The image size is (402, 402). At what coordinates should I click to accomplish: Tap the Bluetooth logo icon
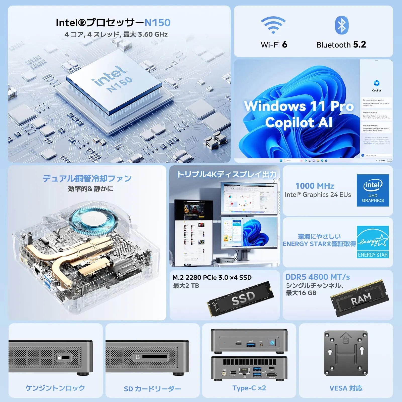[341, 25]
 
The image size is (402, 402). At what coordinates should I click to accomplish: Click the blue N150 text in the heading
[158, 23]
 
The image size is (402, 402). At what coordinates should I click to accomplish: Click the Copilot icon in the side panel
[376, 83]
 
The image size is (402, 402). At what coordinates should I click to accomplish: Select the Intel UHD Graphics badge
[373, 190]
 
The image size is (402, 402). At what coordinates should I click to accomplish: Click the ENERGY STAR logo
[373, 242]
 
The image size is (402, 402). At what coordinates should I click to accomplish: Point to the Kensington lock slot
[66, 357]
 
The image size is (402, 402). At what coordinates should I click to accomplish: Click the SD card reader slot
[154, 357]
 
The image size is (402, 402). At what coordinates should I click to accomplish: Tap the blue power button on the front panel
[272, 342]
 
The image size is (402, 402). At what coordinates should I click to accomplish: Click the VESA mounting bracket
[346, 353]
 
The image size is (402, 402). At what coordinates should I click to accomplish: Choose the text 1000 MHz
[315, 186]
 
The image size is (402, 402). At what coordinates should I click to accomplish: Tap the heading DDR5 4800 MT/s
[318, 277]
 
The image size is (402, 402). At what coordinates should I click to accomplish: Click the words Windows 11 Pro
[299, 106]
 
